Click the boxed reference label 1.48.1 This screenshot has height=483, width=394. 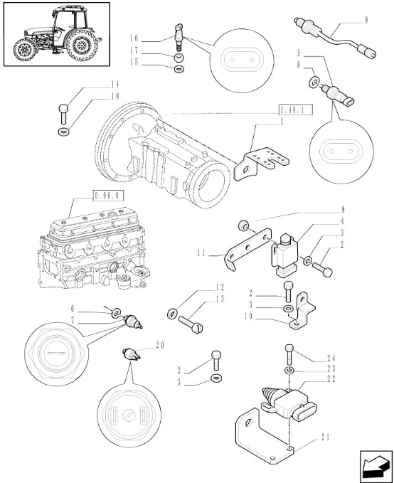[295, 110]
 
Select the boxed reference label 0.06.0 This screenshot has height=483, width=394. [108, 196]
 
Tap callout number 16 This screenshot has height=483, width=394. [134, 38]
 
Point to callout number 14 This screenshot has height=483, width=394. [115, 85]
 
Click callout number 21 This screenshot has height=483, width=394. [325, 437]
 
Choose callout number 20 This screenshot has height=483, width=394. [160, 345]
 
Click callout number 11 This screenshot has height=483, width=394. [201, 253]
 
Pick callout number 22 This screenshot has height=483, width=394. [331, 378]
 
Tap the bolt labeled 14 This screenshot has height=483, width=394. [63, 113]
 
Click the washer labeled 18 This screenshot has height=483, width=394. [63, 132]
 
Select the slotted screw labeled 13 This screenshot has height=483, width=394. [191, 324]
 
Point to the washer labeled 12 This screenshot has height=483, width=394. [172, 314]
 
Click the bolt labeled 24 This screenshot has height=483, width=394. [289, 354]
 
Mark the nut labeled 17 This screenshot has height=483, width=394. [179, 58]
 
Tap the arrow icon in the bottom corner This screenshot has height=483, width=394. [376, 465]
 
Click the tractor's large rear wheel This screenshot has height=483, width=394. [81, 45]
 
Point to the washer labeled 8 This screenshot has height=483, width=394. [314, 82]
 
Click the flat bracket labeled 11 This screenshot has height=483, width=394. [247, 248]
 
